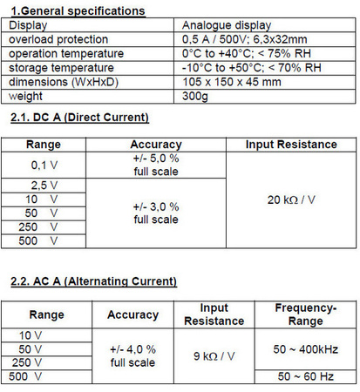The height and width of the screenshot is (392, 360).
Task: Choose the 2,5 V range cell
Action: point(44,186)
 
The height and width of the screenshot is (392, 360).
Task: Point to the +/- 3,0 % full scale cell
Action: point(157,213)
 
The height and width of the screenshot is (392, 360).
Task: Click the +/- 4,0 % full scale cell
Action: point(132,355)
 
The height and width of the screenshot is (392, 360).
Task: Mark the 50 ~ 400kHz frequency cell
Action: point(305,348)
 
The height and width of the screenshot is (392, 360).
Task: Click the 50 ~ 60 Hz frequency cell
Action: point(305,376)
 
